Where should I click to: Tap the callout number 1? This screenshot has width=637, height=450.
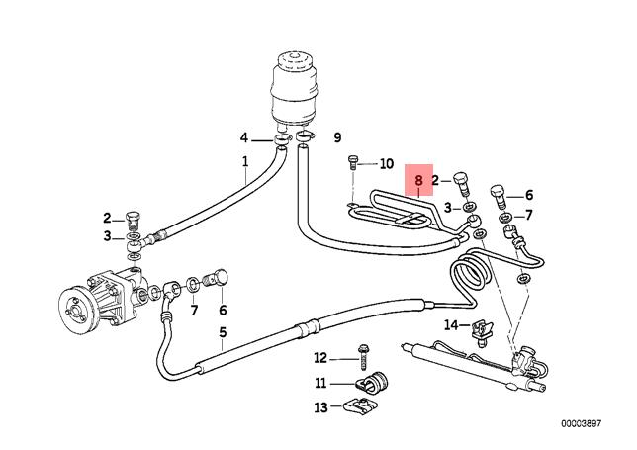pos(244,161)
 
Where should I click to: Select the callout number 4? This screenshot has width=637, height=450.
pos(243,137)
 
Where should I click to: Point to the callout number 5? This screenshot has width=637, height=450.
pos(224,332)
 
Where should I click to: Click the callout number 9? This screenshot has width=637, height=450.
pos(337,137)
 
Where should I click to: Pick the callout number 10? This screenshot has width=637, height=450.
pos(385,163)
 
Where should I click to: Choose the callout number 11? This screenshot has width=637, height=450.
pos(319,382)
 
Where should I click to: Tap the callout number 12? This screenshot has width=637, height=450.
pos(319,357)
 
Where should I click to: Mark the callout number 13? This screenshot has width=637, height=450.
pos(319,406)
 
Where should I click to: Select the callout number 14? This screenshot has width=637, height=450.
pos(451,324)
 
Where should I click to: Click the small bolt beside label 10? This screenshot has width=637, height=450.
pos(354,165)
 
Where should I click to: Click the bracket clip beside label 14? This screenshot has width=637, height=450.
pos(483,328)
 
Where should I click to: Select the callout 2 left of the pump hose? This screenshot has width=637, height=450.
pos(107,219)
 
